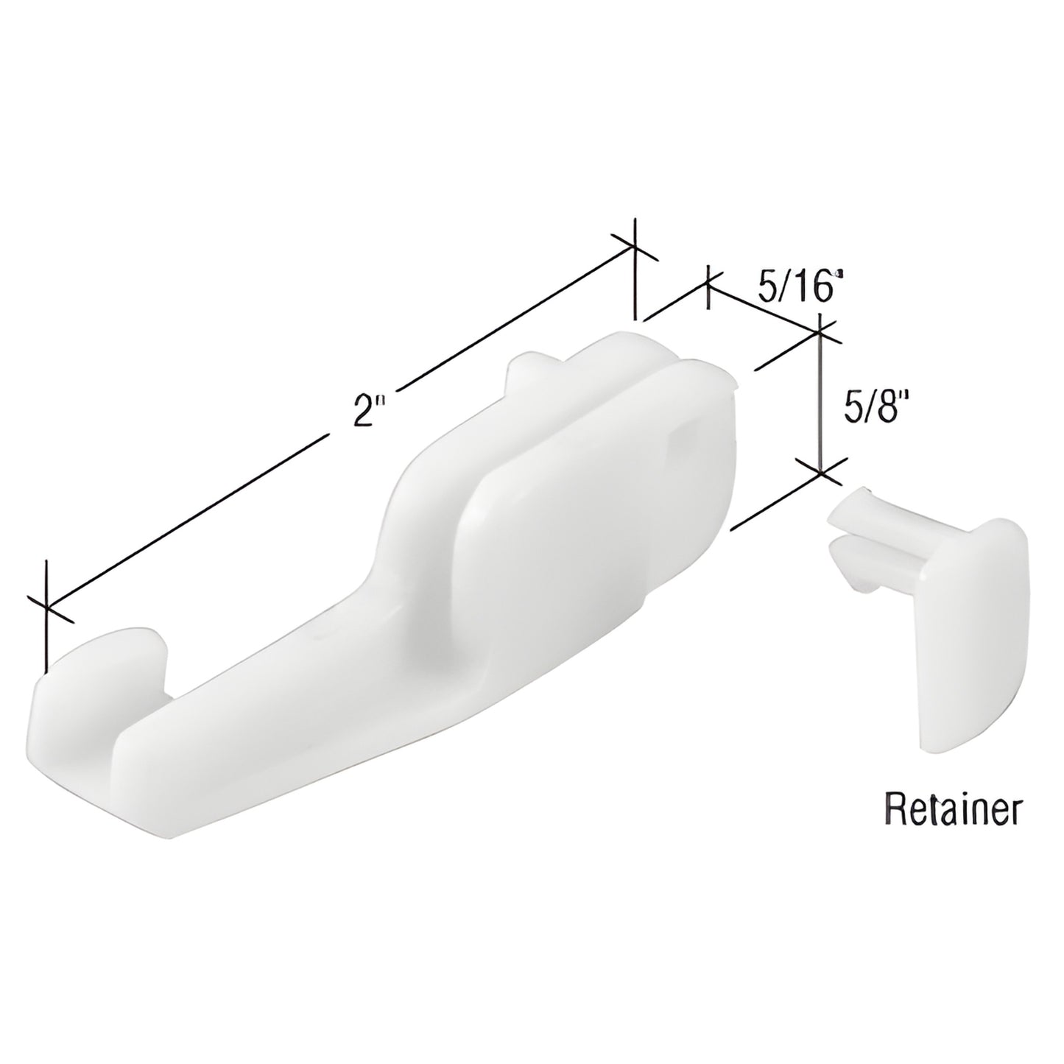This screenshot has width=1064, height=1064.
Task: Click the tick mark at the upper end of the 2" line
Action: pos(634,246)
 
